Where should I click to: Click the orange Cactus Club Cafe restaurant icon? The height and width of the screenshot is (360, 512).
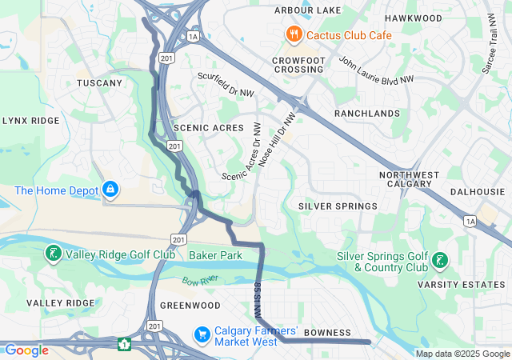coord(294,34)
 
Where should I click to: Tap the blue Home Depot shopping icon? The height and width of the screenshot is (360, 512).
coord(110,190)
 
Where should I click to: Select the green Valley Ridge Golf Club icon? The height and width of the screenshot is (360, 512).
coord(53,254)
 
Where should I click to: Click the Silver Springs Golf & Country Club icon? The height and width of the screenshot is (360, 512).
coord(439,260)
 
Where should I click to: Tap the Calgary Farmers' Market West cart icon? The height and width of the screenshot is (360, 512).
coord(203,332)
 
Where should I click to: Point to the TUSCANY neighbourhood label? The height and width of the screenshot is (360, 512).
coord(99,83)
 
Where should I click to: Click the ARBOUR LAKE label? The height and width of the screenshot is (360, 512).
coord(307,10)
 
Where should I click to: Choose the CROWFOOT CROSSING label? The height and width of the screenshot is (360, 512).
coord(297,65)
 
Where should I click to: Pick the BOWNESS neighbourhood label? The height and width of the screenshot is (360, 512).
coord(328,332)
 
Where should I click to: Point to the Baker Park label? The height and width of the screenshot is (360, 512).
coord(215,255)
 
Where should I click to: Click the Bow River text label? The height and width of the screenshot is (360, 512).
coord(198,281)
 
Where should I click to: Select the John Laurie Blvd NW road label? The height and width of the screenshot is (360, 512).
coord(376,70)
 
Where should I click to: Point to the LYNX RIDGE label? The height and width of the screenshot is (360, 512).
coord(31,120)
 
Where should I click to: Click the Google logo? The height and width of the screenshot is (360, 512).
coord(26,350)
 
